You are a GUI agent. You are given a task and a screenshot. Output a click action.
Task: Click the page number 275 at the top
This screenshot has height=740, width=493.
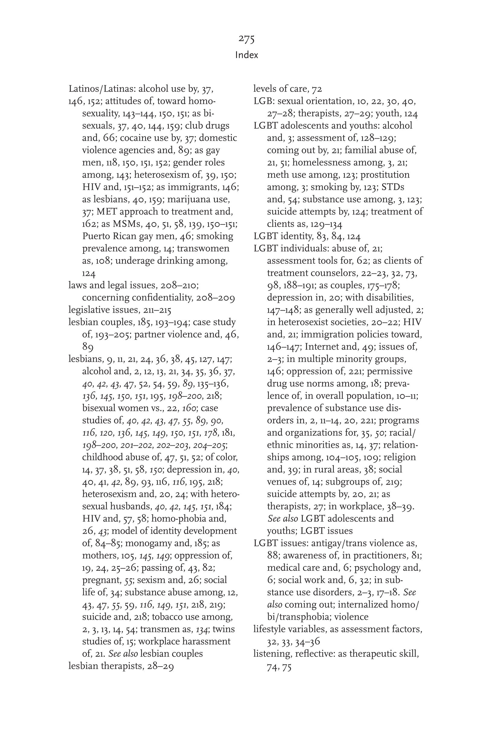[246, 39]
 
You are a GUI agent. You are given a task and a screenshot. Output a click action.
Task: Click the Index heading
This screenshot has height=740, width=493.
[246, 55]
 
